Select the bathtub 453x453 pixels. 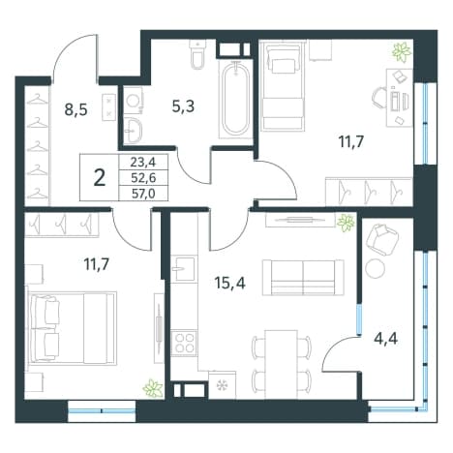[236, 100]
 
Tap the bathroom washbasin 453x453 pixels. [133, 131]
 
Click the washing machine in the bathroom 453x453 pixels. [133, 102]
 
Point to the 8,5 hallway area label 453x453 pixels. [75, 109]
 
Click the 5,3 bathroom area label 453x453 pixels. [183, 106]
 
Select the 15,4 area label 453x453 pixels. [229, 284]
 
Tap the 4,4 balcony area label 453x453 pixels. [385, 339]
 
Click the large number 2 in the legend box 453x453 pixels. [100, 178]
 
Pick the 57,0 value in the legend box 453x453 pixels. [143, 194]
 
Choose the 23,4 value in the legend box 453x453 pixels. [143, 162]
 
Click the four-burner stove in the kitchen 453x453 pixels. [184, 343]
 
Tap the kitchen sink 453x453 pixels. [183, 268]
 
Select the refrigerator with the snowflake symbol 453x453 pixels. [223, 385]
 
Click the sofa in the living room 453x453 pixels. [303, 278]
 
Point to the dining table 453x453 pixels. [281, 359]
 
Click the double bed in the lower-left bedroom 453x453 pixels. [73, 327]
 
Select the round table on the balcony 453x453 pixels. [375, 268]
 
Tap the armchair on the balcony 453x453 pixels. [382, 240]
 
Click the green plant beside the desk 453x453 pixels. [402, 51]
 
